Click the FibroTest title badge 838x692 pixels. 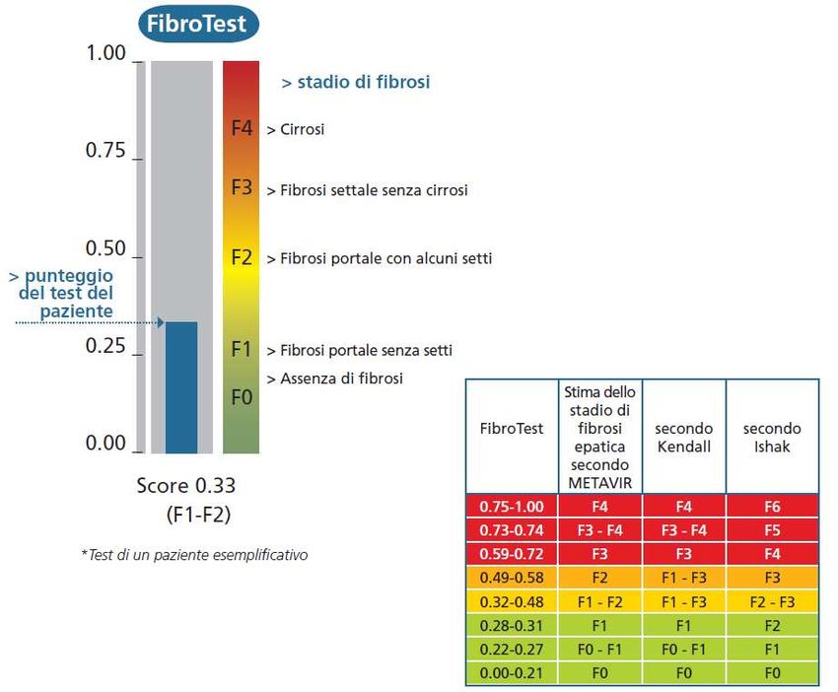point(196,24)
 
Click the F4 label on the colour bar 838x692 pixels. point(242,129)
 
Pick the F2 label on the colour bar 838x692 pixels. point(242,258)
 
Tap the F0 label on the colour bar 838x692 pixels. point(242,397)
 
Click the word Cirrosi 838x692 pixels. point(302,129)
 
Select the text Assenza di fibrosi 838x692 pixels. point(341,379)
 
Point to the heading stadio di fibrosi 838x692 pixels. point(357,82)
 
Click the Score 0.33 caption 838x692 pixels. point(186,486)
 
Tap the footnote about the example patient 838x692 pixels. point(193,555)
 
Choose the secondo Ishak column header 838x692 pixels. point(772,437)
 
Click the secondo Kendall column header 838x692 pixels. point(683,437)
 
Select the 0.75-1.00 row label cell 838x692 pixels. point(511,507)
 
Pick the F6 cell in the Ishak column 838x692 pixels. point(772,507)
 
